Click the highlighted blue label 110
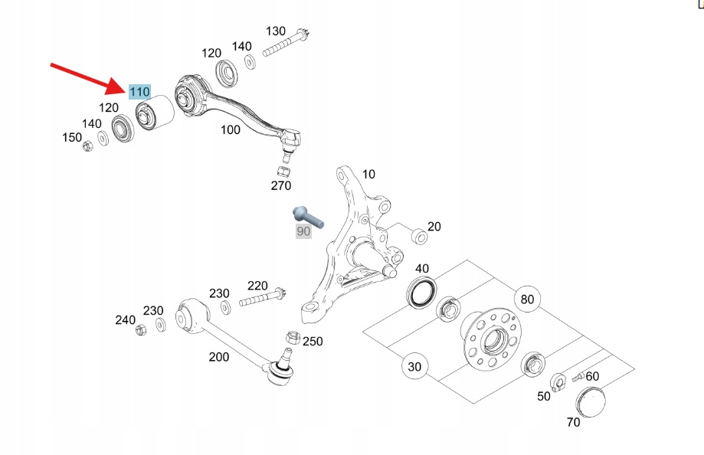click(139, 92)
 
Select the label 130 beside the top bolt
click(276, 31)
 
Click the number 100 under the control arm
click(231, 129)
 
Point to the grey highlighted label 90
click(304, 231)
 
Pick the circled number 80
click(527, 299)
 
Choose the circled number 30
click(414, 367)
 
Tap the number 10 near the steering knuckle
click(368, 175)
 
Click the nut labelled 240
click(140, 330)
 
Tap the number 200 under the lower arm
click(219, 357)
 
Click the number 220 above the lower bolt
click(257, 286)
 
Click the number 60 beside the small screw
click(592, 376)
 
